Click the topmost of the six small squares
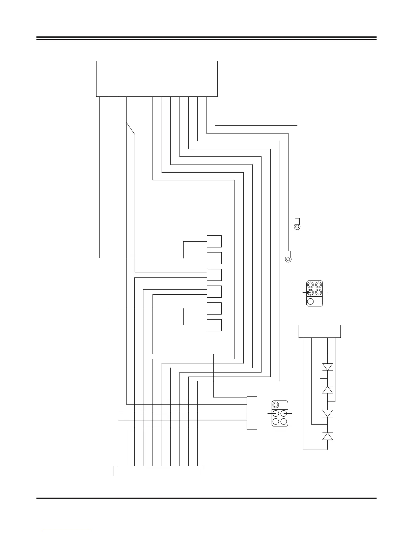click(x=214, y=241)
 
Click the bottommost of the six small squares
click(x=214, y=325)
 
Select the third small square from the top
click(x=214, y=275)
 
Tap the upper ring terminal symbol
click(x=297, y=225)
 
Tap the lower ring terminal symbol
click(x=288, y=257)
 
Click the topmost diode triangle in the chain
click(x=328, y=367)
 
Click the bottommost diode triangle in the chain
click(x=328, y=436)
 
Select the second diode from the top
click(x=328, y=390)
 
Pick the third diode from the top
click(x=328, y=413)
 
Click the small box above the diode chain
click(x=320, y=331)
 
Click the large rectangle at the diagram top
click(x=157, y=79)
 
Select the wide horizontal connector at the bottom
click(x=157, y=471)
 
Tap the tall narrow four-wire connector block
click(x=252, y=413)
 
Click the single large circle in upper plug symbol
click(x=311, y=301)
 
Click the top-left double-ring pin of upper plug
click(x=310, y=285)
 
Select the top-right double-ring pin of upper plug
click(x=318, y=285)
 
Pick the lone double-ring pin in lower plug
click(x=276, y=405)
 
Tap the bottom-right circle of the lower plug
click(x=284, y=421)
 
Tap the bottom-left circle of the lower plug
click(x=276, y=421)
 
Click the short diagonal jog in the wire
click(x=131, y=128)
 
